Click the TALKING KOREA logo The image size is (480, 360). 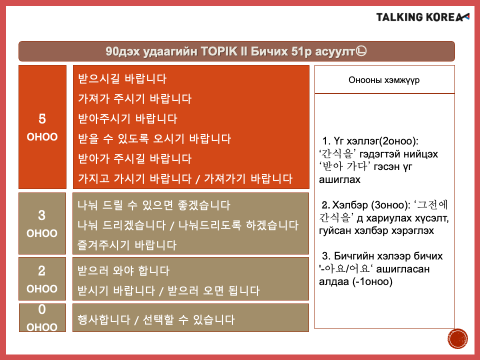(422, 17)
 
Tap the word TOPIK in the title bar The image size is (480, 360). (219, 51)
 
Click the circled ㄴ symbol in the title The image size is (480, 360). (361, 51)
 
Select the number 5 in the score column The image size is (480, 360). (42, 119)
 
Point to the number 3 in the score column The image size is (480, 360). (42, 215)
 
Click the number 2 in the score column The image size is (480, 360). (42, 271)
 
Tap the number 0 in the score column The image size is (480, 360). (42, 309)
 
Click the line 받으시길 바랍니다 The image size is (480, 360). (122, 78)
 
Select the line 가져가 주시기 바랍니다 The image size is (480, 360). (134, 98)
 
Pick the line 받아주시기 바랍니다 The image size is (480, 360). (127, 118)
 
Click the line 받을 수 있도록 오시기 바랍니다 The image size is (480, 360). (154, 138)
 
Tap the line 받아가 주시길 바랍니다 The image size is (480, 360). (134, 158)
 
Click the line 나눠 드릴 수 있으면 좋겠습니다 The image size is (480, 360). (153, 205)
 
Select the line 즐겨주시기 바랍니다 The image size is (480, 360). (127, 245)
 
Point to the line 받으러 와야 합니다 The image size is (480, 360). (123, 270)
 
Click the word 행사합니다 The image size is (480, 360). (104, 320)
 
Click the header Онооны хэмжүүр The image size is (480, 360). (384, 80)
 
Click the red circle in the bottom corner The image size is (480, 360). (458, 339)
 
